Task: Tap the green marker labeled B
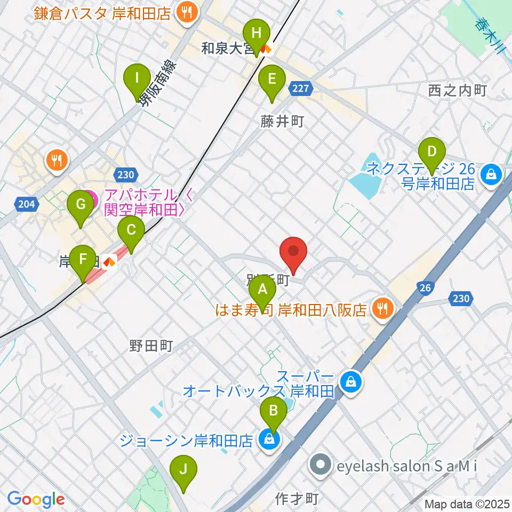(273, 411)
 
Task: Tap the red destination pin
(293, 252)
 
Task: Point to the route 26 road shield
(425, 289)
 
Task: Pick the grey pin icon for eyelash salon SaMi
(320, 466)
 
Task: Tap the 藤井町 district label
(282, 122)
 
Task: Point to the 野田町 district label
(150, 347)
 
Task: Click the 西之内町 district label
(458, 91)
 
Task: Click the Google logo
(36, 499)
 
